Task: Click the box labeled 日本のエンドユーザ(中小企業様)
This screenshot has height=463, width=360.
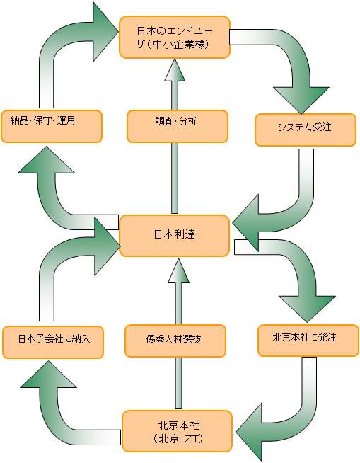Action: pyautogui.click(x=175, y=38)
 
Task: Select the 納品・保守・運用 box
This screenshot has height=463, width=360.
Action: pyautogui.click(x=52, y=127)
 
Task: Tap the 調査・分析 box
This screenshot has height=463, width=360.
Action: pyautogui.click(x=178, y=127)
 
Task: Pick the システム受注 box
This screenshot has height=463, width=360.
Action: pyautogui.click(x=306, y=130)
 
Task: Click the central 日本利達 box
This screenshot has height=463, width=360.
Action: pyautogui.click(x=175, y=236)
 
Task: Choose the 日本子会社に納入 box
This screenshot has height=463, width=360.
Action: pyautogui.click(x=53, y=342)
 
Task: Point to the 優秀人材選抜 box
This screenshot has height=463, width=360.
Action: pyautogui.click(x=175, y=341)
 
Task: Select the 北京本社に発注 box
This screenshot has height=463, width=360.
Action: pyautogui.click(x=308, y=341)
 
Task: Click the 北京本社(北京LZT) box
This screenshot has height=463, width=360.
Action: pyautogui.click(x=177, y=431)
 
